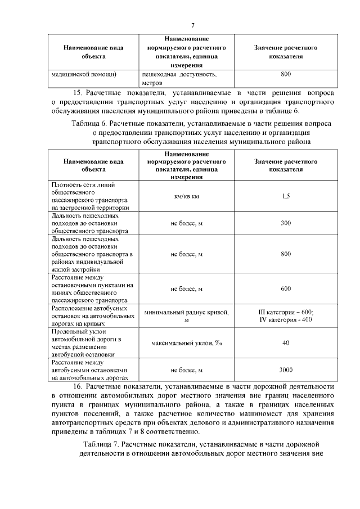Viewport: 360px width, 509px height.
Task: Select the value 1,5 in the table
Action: [x=286, y=196]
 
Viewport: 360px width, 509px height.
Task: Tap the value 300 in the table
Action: [x=286, y=223]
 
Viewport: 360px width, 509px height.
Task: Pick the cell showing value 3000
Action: [x=286, y=371]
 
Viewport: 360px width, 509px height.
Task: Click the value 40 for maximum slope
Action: [x=286, y=343]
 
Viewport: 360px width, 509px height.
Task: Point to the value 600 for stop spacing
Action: [x=286, y=289]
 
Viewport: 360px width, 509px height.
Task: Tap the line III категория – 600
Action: [x=286, y=312]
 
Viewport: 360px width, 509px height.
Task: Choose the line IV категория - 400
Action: [x=286, y=319]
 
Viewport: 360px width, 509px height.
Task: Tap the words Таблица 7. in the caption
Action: [x=100, y=444]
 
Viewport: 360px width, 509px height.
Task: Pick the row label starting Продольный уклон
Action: [x=84, y=343]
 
